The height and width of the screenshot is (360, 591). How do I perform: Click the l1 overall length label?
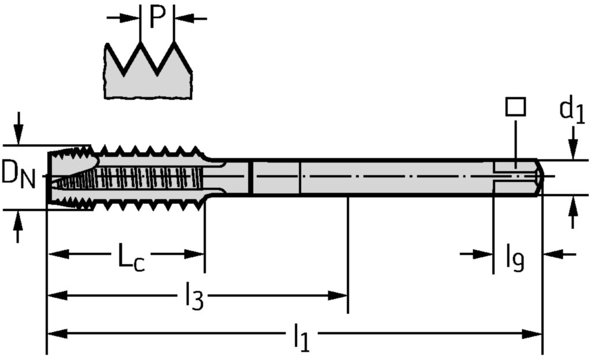(x=300, y=338)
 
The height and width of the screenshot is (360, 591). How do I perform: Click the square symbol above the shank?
(x=515, y=107)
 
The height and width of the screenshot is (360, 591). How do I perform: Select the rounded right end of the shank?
(x=539, y=177)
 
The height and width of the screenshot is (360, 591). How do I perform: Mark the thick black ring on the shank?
(x=252, y=177)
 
